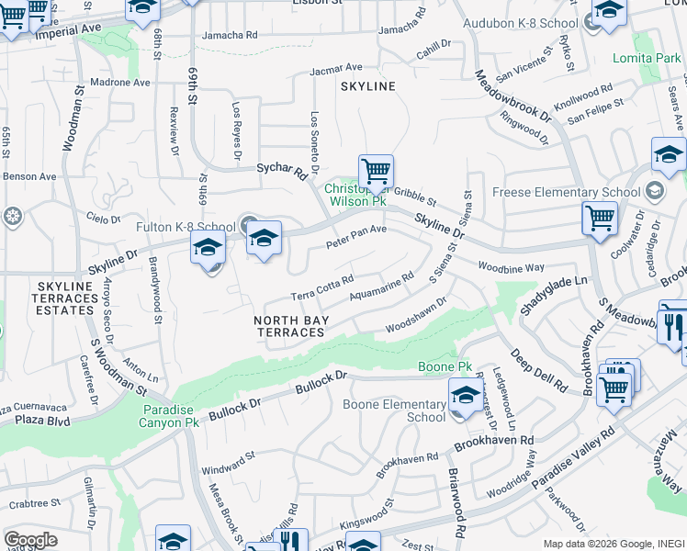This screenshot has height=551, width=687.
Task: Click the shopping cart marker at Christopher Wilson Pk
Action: [x=376, y=172]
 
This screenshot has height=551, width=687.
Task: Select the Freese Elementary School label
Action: [x=566, y=192]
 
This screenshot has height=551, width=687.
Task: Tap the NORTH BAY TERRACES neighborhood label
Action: [x=289, y=326]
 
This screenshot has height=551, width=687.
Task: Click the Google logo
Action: [x=30, y=540]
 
